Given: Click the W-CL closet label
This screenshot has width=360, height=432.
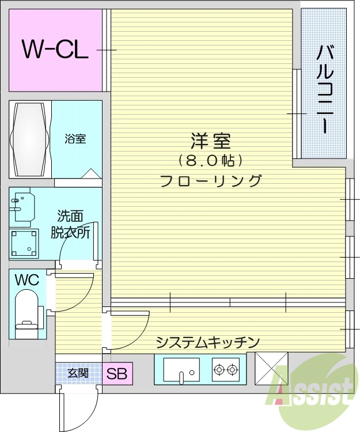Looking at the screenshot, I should pos(55,50).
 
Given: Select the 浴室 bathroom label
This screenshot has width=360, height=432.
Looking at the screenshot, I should pos(75,139).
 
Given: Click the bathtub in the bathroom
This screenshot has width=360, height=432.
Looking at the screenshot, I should pos(28,139).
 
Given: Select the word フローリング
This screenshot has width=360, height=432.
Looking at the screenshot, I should pos(210,180).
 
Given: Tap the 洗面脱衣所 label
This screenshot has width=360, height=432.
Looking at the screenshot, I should pos(73,225).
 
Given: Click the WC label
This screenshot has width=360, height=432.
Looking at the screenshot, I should pos(27,281).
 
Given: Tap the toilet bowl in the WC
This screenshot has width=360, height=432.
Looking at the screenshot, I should pos(25,311).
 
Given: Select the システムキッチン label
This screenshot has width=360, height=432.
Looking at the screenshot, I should pos(208,342).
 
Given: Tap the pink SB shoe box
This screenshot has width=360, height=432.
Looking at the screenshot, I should pos(118,373).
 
